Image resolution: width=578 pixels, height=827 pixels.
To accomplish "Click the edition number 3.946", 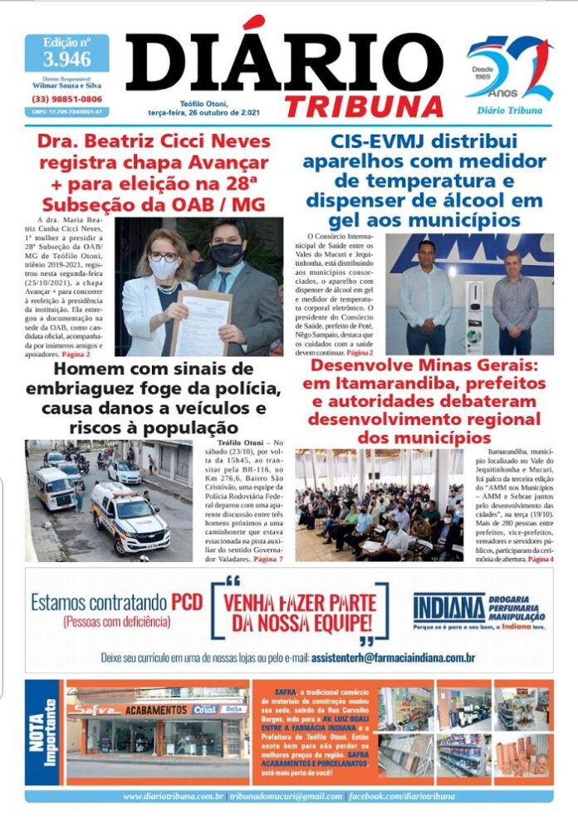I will pos(66,59).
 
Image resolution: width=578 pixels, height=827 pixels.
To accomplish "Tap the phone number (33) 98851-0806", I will pos(66,98).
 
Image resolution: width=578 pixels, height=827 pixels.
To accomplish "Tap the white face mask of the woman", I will pos(164,268).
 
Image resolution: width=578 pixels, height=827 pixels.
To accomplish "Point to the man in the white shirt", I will pos(425,296).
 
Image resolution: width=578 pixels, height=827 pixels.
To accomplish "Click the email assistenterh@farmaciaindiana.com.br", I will pos(394,658).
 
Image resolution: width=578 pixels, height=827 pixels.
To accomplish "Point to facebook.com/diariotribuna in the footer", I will pos(402,796).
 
